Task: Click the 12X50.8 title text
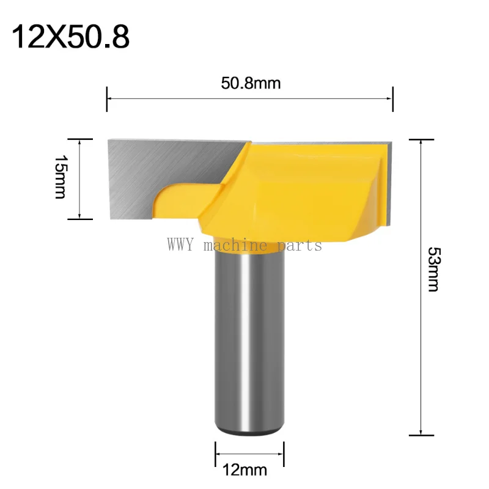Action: [x=71, y=37]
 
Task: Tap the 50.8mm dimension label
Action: [x=251, y=83]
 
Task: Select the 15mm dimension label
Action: [x=60, y=177]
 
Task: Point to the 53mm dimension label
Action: [x=433, y=269]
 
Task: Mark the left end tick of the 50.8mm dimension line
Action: [x=108, y=98]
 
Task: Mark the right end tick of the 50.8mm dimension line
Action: [x=392, y=98]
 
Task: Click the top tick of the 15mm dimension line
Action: [x=80, y=139]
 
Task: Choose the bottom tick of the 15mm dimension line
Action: [x=80, y=218]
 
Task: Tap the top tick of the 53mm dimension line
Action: [x=421, y=139]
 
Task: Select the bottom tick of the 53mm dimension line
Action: [x=421, y=435]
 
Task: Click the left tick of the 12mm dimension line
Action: [x=215, y=454]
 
